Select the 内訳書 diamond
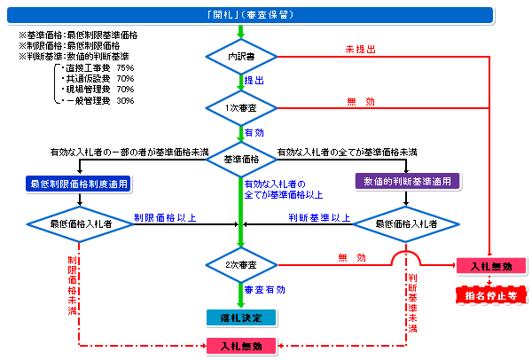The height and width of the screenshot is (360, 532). point(240,57)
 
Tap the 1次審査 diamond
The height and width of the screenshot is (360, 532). point(240,107)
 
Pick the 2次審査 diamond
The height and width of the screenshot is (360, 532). point(240,264)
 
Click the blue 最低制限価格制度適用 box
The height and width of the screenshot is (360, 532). point(78,184)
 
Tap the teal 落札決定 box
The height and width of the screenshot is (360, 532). point(240,317)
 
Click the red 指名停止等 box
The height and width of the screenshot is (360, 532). point(489,294)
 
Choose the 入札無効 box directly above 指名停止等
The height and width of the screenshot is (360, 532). point(489,265)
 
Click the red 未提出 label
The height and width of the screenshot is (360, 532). point(355,49)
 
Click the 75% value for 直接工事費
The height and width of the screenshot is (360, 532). point(125,67)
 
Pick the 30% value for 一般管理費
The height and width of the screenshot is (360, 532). point(125,100)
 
